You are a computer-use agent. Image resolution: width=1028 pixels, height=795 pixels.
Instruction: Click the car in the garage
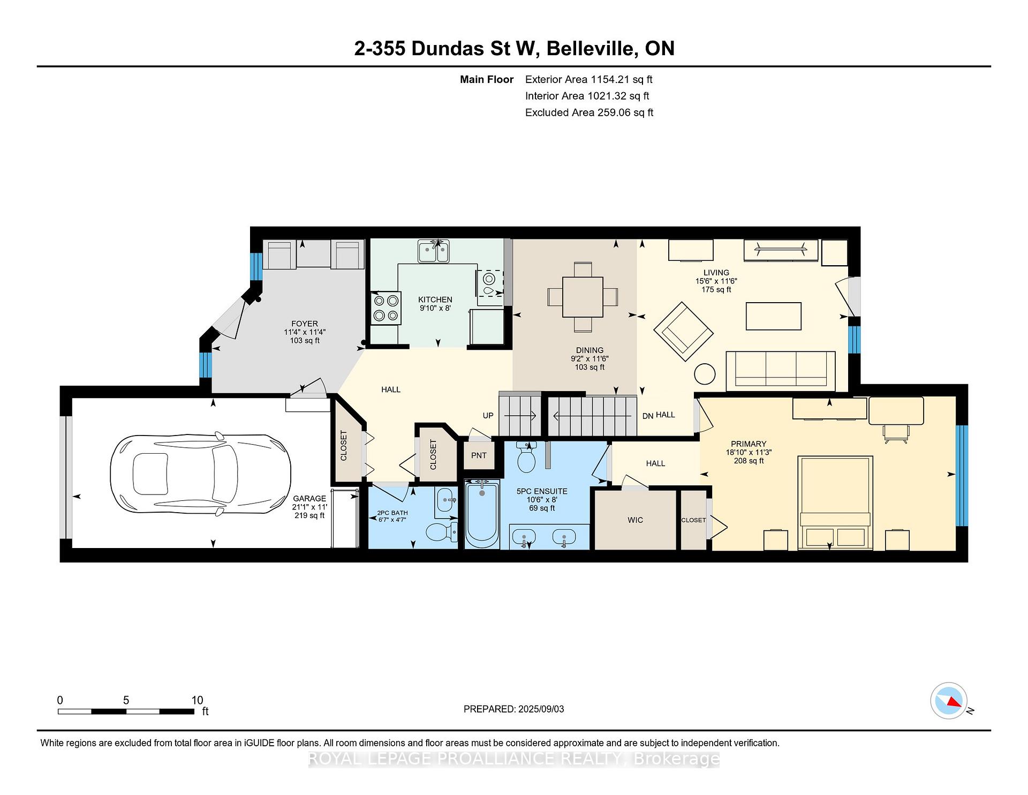pyautogui.click(x=201, y=474)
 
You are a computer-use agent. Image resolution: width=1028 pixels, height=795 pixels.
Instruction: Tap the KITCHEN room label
pyautogui.click(x=435, y=299)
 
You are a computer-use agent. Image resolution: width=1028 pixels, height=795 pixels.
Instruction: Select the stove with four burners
pyautogui.click(x=386, y=308)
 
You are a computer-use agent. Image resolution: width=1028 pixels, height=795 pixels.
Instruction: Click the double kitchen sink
pyautogui.click(x=434, y=251)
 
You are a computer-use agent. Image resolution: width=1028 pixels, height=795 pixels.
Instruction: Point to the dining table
pyautogui.click(x=583, y=297)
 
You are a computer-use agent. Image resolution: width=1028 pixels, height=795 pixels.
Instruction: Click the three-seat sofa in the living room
pyautogui.click(x=781, y=371)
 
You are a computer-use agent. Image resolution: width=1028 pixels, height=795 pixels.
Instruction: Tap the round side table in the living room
pyautogui.click(x=705, y=373)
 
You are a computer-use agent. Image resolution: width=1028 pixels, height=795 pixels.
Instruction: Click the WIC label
pyautogui.click(x=635, y=520)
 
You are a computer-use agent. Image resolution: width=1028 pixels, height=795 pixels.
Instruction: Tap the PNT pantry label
pyautogui.click(x=479, y=455)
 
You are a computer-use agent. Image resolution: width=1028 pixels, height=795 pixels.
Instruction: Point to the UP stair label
pyautogui.click(x=488, y=415)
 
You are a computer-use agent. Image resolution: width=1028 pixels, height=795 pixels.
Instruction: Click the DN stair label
pyautogui.click(x=648, y=416)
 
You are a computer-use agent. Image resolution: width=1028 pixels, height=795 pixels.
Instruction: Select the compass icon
pyautogui.click(x=949, y=701)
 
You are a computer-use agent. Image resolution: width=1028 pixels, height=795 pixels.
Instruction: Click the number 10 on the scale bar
pyautogui.click(x=197, y=700)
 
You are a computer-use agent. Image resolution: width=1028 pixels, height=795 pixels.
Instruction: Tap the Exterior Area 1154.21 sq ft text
pyautogui.click(x=589, y=80)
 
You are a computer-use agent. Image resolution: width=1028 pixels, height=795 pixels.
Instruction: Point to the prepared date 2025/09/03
pyautogui.click(x=541, y=709)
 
